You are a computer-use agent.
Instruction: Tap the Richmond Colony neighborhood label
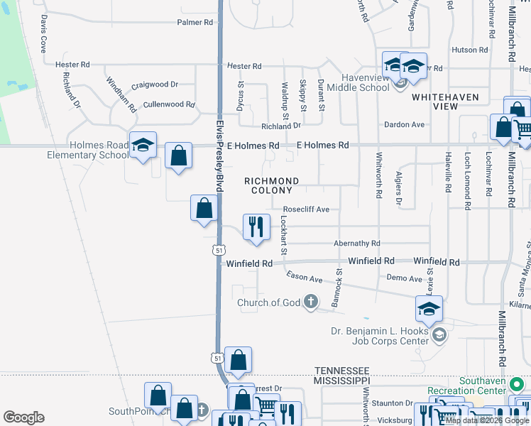pos(271,186)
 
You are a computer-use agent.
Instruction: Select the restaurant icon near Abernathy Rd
pos(256,227)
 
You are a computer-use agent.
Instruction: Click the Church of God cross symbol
pos(310,302)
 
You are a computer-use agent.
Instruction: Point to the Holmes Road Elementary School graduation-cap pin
pos(143,146)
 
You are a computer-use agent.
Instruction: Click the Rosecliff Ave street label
pos(306,209)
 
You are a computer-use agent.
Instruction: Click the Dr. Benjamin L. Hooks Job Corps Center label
pos(381,335)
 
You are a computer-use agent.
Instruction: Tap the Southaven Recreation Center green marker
pos(518,385)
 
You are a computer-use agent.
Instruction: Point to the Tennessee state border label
pos(342,371)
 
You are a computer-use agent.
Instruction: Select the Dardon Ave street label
pos(403,125)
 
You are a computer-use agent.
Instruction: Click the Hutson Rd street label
pos(469,50)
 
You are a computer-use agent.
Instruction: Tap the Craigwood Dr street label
pos(154,84)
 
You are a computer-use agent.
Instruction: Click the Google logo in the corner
pos(24,417)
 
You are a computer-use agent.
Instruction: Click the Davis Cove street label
pos(43,35)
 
